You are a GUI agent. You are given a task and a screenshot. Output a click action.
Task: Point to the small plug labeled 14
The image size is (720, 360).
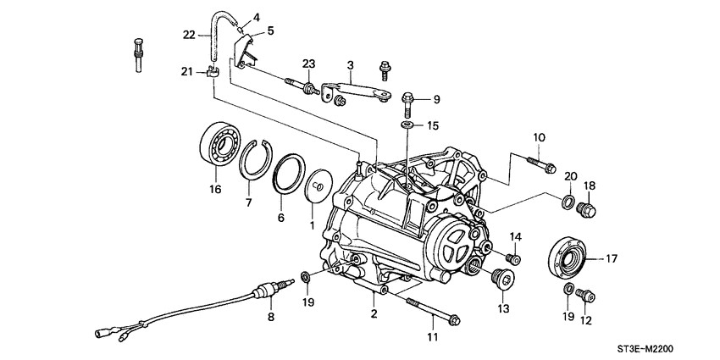tap(512, 258)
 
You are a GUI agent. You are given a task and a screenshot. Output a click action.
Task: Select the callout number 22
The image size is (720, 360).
tap(189, 35)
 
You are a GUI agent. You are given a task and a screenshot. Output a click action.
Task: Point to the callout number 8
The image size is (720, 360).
tap(270, 318)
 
